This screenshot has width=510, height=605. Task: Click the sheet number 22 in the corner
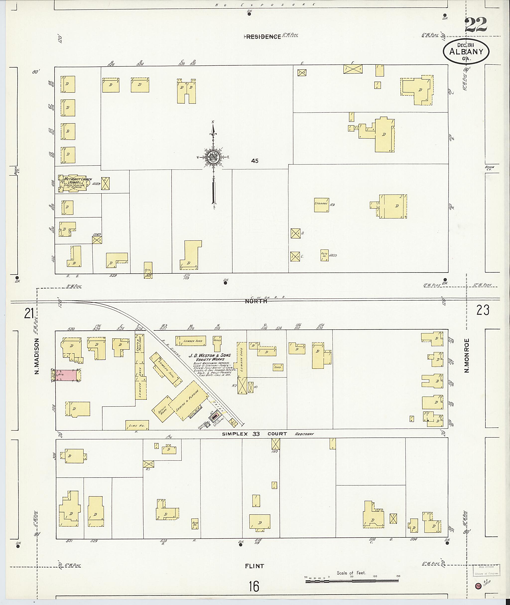click(476, 25)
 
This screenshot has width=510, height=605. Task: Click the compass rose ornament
click(213, 157)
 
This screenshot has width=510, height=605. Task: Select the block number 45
click(255, 161)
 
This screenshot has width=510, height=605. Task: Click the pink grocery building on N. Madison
click(66, 375)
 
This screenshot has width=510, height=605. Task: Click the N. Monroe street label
click(466, 355)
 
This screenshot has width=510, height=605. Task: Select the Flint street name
click(255, 566)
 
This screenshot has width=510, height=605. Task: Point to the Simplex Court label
click(255, 434)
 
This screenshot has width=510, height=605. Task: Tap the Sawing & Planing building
click(188, 401)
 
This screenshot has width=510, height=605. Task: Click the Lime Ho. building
click(137, 425)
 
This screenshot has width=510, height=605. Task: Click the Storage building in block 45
click(321, 205)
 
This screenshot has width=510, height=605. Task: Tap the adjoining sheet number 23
click(483, 310)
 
